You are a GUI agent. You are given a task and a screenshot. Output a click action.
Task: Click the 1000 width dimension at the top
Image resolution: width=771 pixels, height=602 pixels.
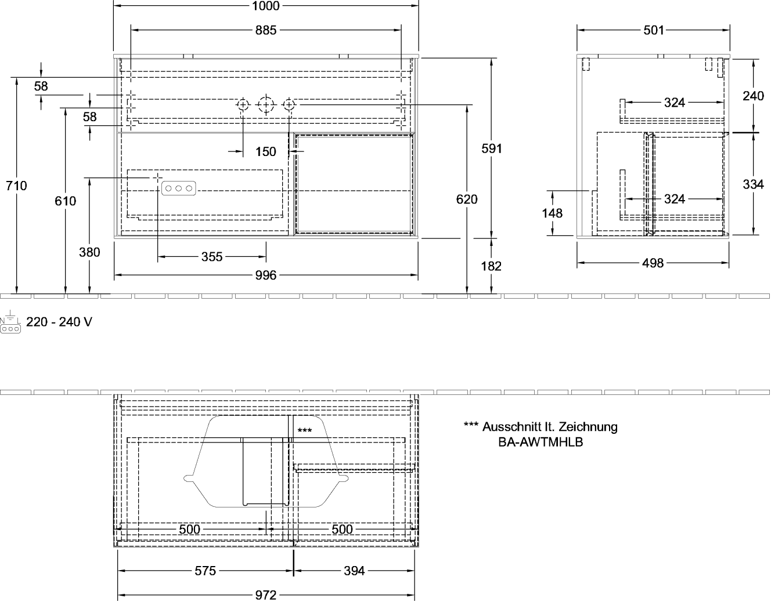pos(266,6)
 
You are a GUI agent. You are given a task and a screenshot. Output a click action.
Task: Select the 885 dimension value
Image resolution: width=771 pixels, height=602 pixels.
pos(266,30)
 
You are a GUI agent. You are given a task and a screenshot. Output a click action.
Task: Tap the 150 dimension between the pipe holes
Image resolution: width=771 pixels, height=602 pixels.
pos(266,151)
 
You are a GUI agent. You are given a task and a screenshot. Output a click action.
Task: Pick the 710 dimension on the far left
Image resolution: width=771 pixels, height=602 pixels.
pos(17,186)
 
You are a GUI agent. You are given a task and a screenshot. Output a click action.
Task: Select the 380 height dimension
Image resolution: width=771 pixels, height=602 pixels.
pos(89,252)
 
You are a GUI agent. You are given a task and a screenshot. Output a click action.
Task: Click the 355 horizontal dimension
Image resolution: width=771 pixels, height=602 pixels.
pos(212,257)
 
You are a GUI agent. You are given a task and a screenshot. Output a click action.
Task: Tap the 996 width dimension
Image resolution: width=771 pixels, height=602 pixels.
pos(266,275)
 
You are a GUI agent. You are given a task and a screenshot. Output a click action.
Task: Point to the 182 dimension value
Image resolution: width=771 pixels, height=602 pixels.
pos(492,266)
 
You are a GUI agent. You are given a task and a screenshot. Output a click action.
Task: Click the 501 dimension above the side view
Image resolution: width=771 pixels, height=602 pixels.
pos(653,31)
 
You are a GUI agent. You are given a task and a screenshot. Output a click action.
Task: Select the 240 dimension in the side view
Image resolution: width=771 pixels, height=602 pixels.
pos(754,96)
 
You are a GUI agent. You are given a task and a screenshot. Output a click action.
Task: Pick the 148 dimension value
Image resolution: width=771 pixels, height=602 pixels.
pos(552,213)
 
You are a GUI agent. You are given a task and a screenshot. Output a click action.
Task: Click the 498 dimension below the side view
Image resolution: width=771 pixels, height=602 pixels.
pos(653,263)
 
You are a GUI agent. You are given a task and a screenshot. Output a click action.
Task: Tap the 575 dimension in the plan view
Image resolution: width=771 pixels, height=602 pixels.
pos(206,571)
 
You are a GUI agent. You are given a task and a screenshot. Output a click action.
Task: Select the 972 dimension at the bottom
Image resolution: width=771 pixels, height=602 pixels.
pos(266,596)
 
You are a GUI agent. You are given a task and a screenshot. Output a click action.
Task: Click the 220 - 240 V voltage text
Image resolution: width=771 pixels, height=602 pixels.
pos(59,322)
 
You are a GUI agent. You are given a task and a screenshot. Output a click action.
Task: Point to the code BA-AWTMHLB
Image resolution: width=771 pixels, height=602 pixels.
pos(541,442)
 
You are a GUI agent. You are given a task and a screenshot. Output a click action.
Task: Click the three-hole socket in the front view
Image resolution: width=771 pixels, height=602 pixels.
pos(179,188)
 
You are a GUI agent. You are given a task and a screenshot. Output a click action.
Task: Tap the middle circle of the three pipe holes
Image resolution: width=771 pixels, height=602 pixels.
pos(266,105)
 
